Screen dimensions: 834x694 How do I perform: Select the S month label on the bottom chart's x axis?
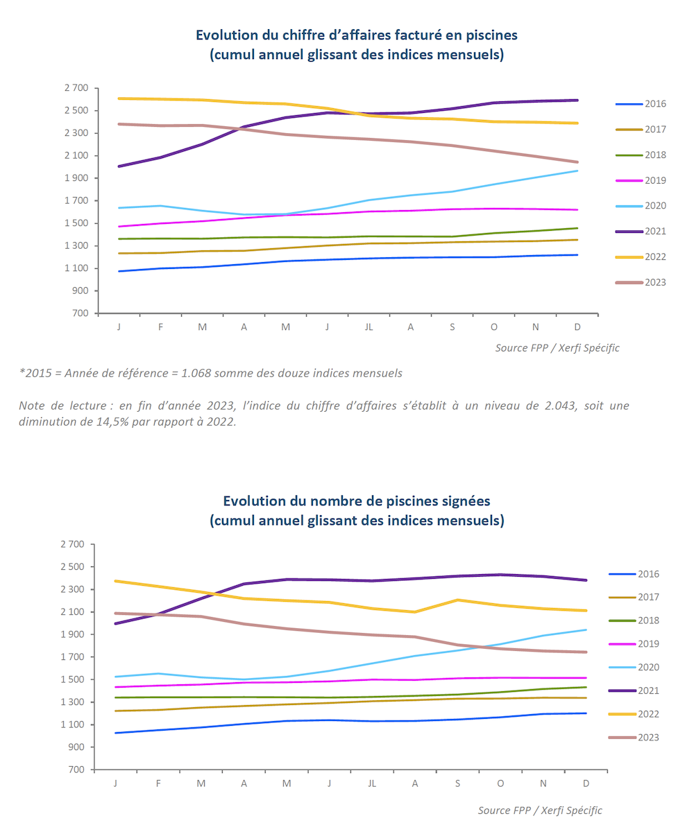click(457, 783)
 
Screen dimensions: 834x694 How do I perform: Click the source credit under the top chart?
click(557, 348)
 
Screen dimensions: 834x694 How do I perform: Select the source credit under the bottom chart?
click(540, 810)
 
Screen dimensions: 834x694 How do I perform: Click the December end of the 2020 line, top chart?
click(577, 171)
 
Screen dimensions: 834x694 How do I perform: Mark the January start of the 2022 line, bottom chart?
click(115, 581)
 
